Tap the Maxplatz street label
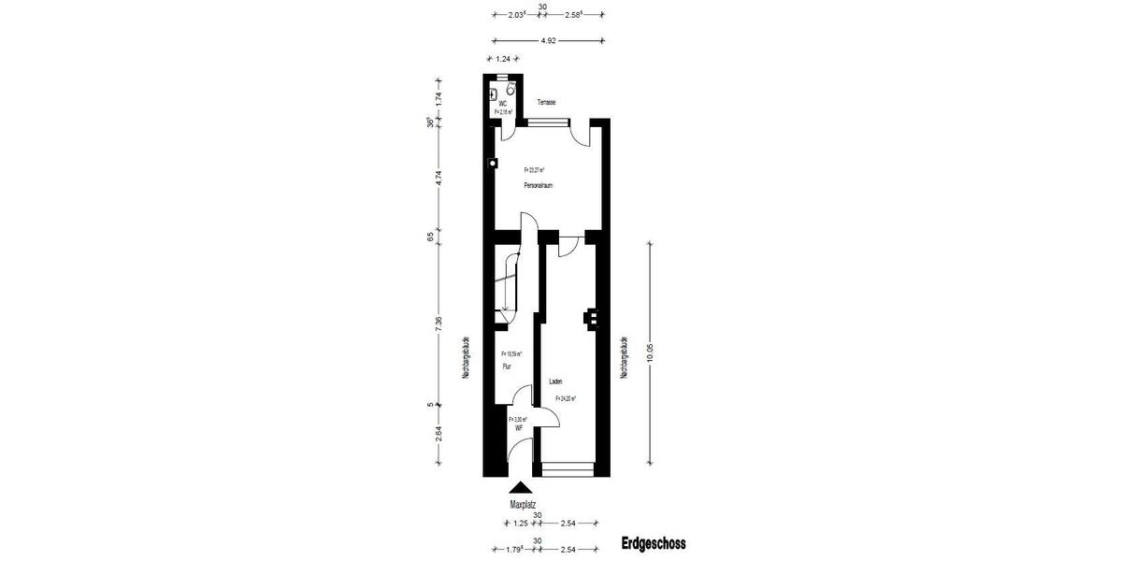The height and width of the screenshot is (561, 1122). coord(523,504)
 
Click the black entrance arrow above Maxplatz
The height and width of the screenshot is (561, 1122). coord(521,487)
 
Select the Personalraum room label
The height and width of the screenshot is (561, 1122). coord(539,186)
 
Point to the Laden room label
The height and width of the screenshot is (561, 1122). coord(555,381)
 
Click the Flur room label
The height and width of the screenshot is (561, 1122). coord(507,367)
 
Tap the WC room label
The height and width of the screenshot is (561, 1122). coord(503,103)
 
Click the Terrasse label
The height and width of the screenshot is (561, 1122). coord(547,102)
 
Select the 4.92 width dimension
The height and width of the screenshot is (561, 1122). coord(548,40)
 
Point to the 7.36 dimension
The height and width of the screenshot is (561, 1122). coord(439,321)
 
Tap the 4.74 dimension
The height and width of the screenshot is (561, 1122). coord(439,178)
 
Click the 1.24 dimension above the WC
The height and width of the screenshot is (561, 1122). coord(503,60)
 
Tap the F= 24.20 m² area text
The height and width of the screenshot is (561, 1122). coord(565,398)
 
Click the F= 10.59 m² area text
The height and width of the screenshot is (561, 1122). coord(511,354)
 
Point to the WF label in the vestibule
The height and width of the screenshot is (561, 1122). coord(518,427)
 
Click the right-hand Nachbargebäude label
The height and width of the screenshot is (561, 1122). coord(623,357)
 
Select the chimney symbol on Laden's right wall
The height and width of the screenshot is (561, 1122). coord(590,319)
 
